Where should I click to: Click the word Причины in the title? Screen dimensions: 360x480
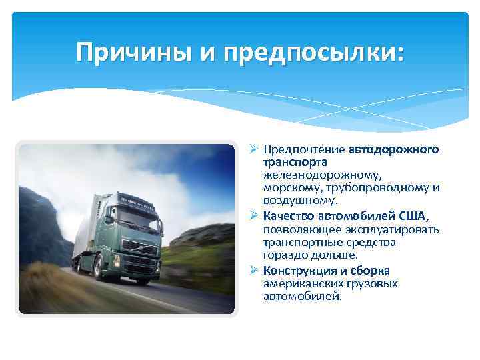133,51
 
